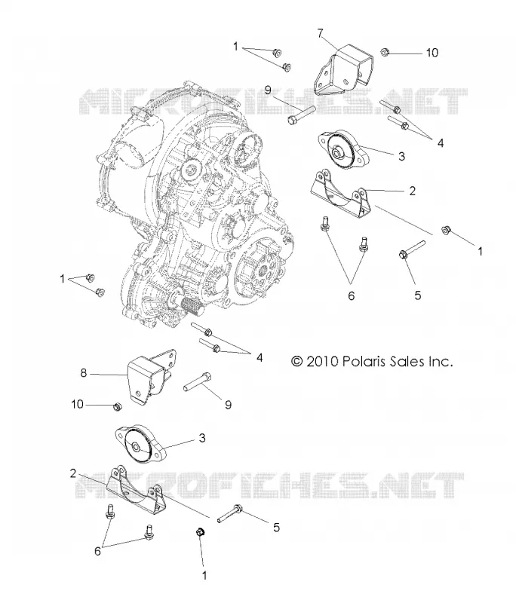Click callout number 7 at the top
click(321, 33)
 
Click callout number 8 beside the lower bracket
click(84, 373)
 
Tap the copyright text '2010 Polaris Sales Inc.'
click(379, 362)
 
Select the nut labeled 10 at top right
click(385, 52)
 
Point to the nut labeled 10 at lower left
click(116, 406)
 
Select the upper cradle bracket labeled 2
click(339, 194)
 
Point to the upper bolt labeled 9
click(301, 115)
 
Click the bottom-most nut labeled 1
click(201, 532)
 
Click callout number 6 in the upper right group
click(351, 295)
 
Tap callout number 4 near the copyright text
click(260, 357)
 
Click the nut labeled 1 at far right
click(447, 231)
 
